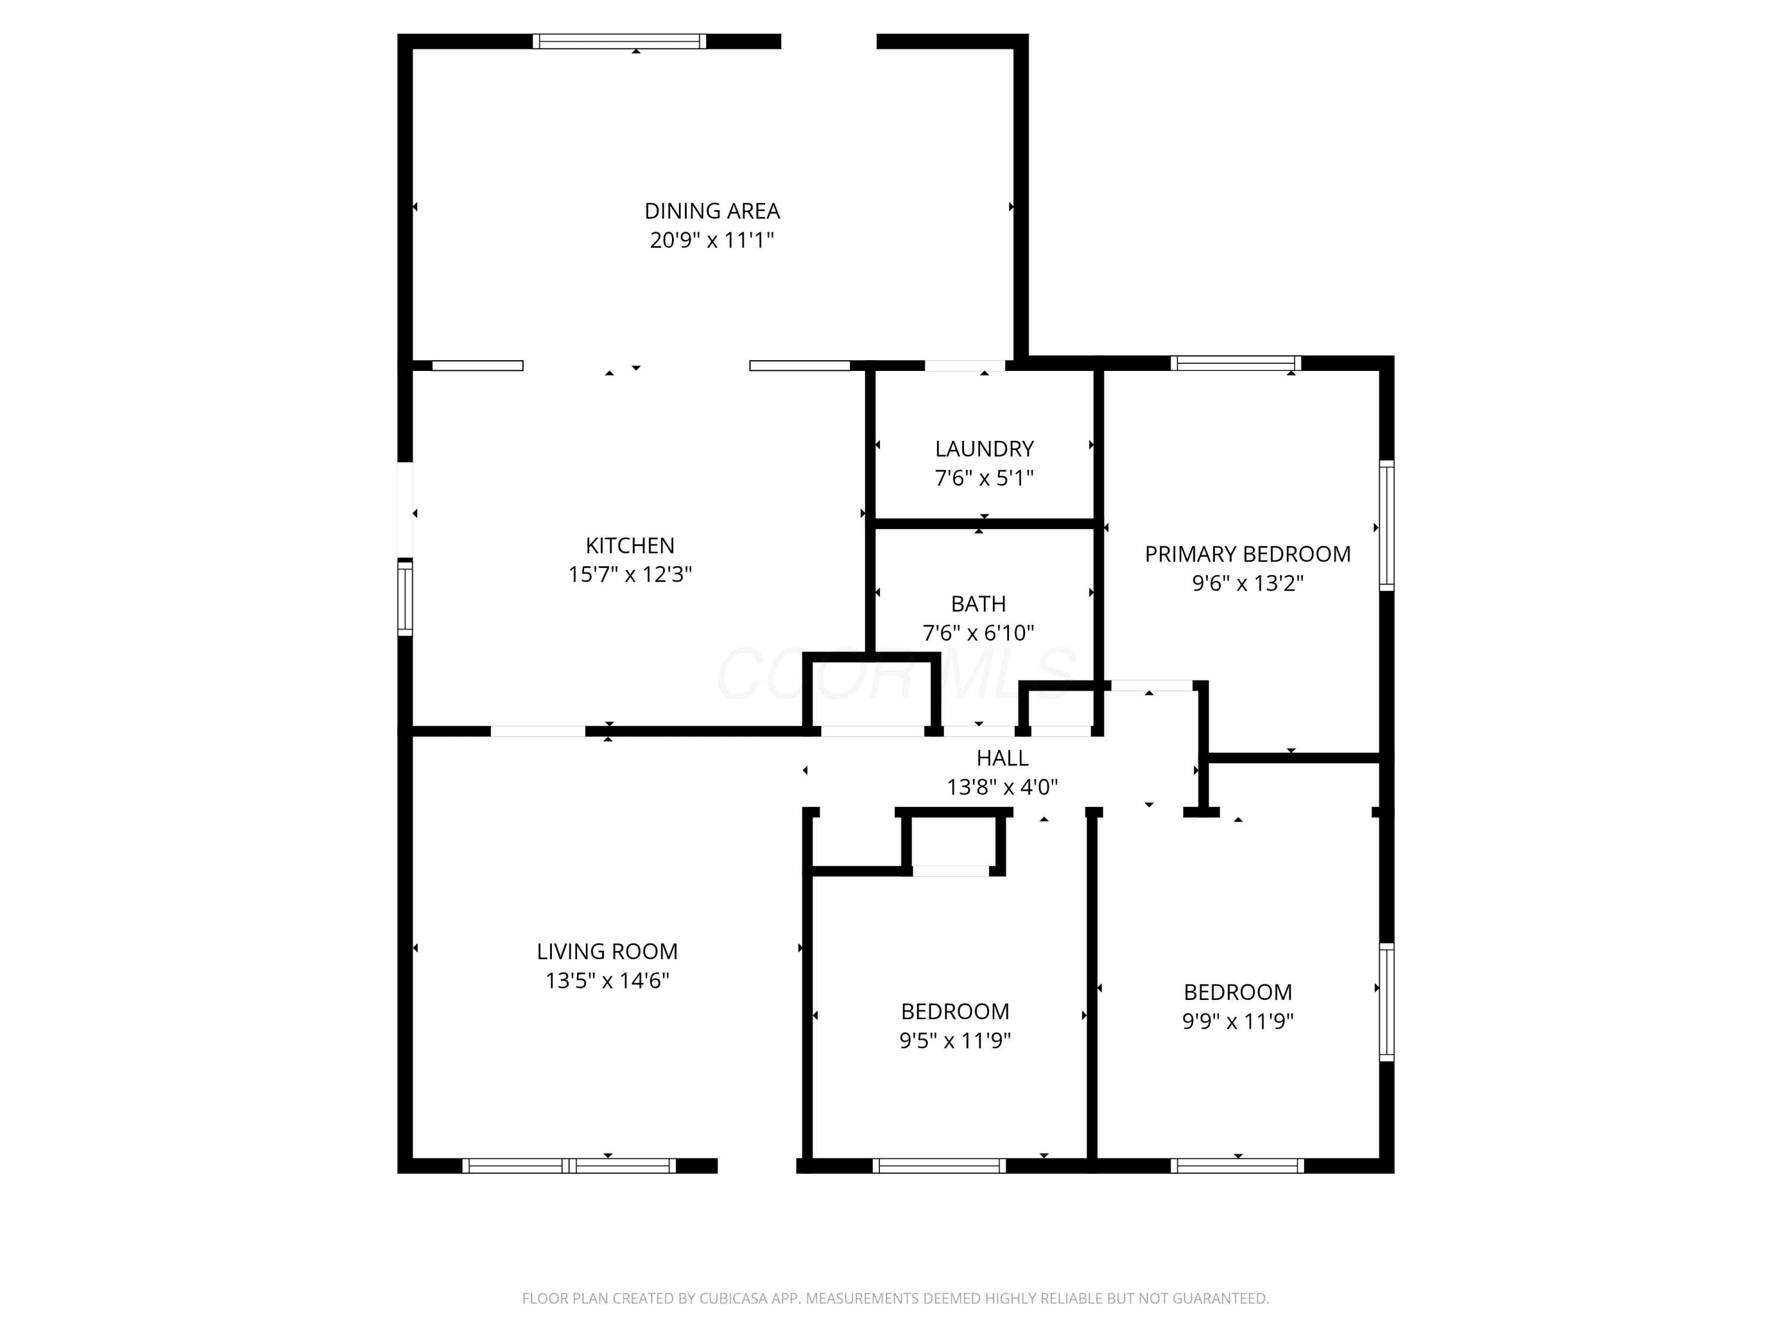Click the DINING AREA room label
pos(711,211)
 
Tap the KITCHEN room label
pos(630,545)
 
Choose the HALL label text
pos(1002,758)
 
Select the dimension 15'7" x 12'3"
pos(630,575)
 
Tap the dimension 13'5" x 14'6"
pos(607,980)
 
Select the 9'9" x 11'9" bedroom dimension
pos(1237,1021)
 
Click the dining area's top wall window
pos(619,41)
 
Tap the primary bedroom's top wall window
pos(1235,363)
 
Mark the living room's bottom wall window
pos(569,1166)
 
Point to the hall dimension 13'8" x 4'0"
pos(1002,787)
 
